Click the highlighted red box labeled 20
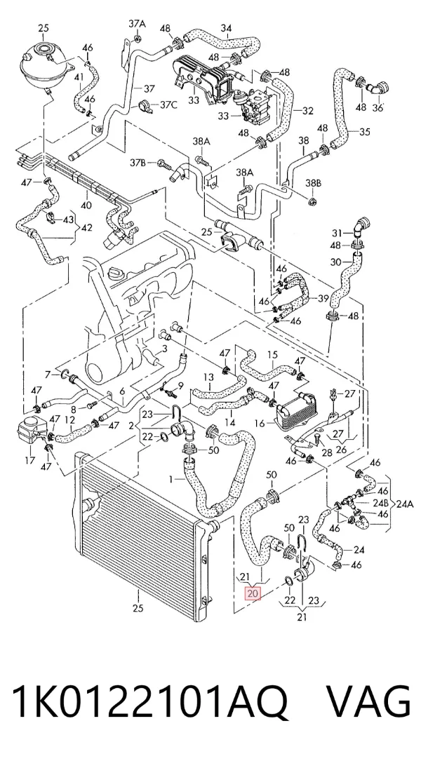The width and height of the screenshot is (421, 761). [x=253, y=593]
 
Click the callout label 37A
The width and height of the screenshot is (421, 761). [x=137, y=23]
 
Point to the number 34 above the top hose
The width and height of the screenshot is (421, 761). [x=226, y=29]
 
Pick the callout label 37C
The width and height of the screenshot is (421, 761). [x=168, y=105]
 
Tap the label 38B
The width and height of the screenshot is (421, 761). [x=313, y=184]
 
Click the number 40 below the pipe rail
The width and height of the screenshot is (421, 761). [x=86, y=206]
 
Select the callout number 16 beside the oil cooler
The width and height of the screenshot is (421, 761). [x=260, y=424]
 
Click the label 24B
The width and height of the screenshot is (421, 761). [x=380, y=503]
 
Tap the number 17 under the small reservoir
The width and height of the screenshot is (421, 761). [x=29, y=459]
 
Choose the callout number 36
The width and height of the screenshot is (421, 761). [x=377, y=107]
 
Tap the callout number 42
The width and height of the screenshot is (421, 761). [x=86, y=228]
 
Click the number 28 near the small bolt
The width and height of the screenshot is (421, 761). [x=327, y=453]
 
